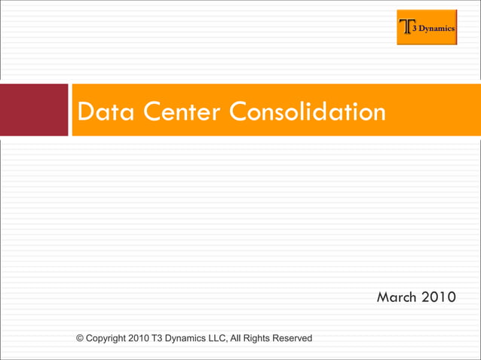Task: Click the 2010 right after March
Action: [438, 297]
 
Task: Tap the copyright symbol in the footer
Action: [81, 338]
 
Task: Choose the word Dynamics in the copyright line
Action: [198, 338]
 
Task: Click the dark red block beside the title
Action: [34, 110]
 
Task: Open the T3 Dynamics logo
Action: [427, 27]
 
